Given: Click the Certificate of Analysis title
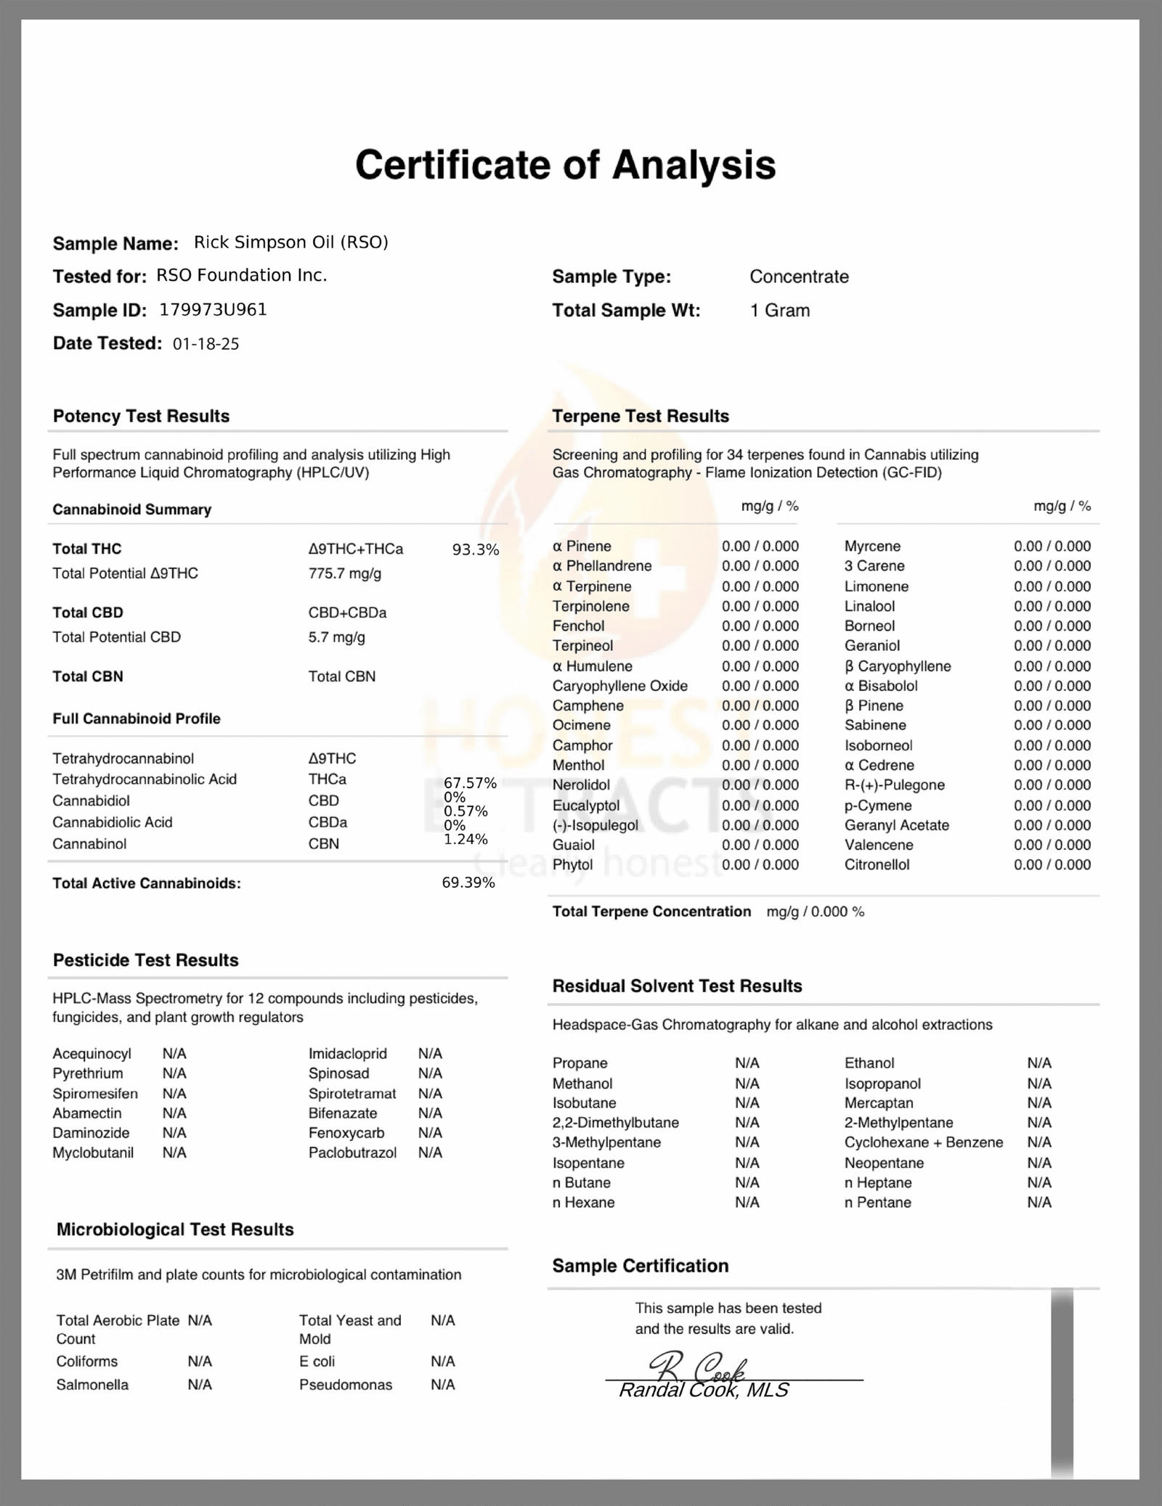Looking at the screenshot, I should (565, 165).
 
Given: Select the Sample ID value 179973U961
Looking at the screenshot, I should (213, 310).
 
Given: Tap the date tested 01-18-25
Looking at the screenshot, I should (206, 344).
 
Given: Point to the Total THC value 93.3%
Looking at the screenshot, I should (475, 550).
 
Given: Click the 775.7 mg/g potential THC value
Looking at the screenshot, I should (344, 573).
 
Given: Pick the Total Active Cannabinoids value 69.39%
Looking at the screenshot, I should (468, 883).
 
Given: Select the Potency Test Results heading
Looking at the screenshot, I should (141, 416).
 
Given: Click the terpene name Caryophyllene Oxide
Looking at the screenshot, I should (619, 686).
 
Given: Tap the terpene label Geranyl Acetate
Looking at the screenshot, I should (896, 825).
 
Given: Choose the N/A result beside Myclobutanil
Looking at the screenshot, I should (174, 1153).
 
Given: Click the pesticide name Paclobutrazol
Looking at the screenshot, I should (352, 1153).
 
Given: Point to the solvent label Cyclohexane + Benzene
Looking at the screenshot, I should (923, 1142).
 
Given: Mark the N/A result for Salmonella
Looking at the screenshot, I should (200, 1385).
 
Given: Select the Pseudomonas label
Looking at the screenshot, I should (345, 1385).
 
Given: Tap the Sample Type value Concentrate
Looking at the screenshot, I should (799, 277).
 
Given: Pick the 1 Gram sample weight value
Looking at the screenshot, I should (779, 311).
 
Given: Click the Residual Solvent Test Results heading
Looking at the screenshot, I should (677, 986).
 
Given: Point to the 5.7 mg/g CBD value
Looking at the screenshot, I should (336, 637).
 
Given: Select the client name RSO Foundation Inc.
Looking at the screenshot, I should (241, 276).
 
